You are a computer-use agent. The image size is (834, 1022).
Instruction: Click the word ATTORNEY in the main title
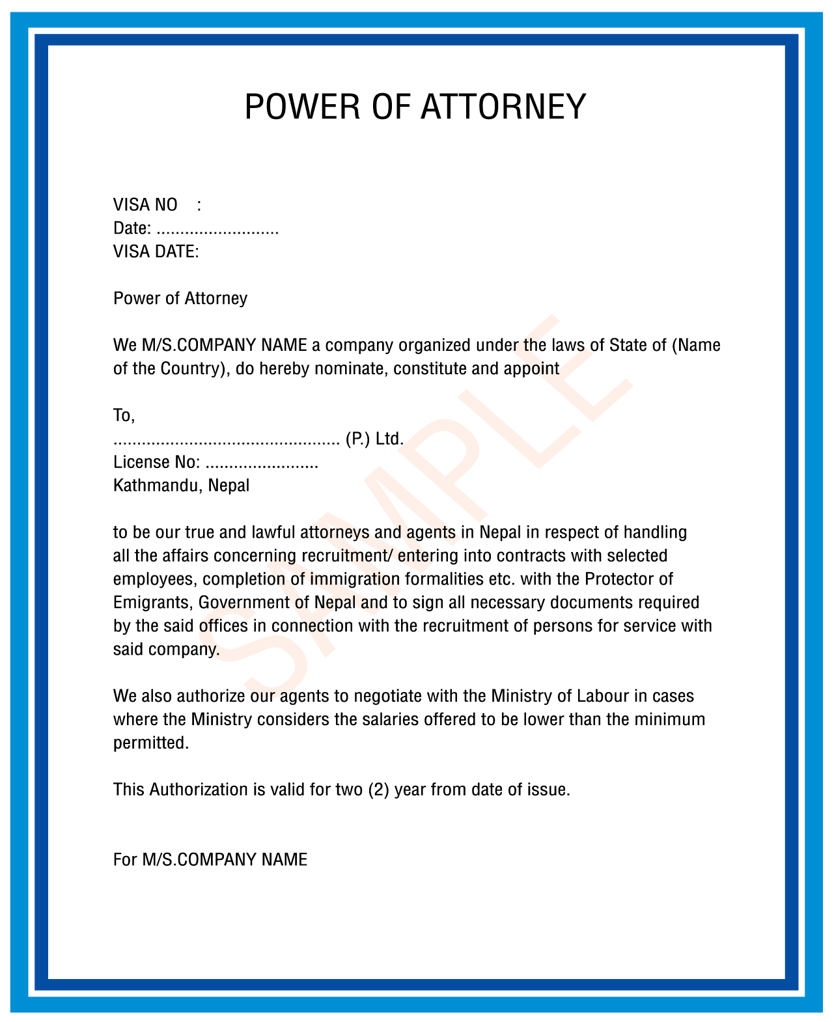click(x=503, y=107)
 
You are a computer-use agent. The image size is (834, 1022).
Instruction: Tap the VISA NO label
click(x=145, y=205)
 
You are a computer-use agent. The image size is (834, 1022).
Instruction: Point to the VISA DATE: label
click(x=156, y=252)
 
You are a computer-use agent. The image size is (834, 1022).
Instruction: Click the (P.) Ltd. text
click(x=374, y=439)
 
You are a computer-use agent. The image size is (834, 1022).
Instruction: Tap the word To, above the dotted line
click(x=124, y=415)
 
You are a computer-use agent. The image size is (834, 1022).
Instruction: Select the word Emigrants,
click(x=153, y=603)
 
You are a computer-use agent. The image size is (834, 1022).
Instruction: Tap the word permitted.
click(x=151, y=743)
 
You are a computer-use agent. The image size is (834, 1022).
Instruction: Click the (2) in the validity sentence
click(x=379, y=790)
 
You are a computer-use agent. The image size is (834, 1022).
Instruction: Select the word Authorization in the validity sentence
click(x=198, y=790)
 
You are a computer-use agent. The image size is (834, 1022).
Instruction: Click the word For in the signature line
click(x=124, y=860)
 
